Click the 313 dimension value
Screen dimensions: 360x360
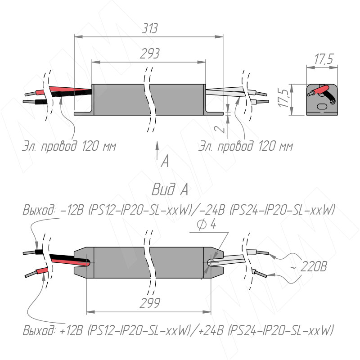point(149,29)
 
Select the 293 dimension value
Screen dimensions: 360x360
point(149,54)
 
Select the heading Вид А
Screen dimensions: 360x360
point(170,190)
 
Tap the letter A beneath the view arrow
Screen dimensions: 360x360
point(165,161)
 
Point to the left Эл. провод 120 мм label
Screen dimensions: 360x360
point(69,146)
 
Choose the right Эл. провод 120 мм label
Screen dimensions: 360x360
point(246,146)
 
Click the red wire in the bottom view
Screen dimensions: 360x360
point(40,271)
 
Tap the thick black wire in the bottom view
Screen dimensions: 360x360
point(67,258)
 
